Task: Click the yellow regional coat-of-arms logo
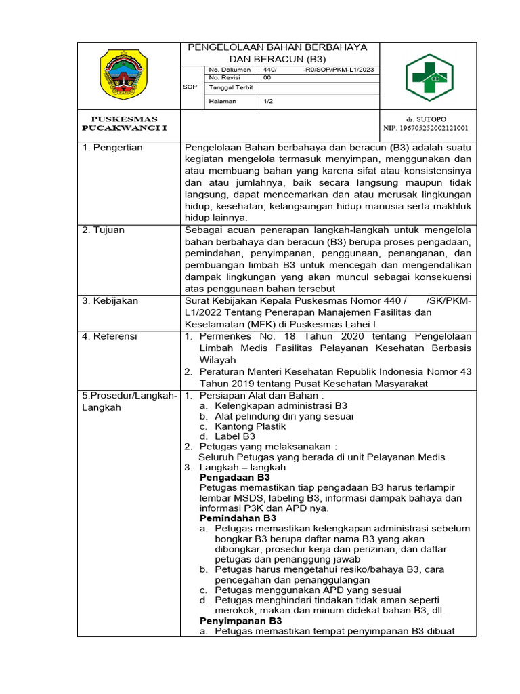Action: (x=128, y=77)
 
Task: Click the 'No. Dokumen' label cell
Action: (x=230, y=70)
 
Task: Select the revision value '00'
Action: (x=267, y=78)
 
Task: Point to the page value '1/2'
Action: (x=268, y=101)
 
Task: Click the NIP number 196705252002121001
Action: (x=426, y=127)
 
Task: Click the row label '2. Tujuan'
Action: (x=104, y=230)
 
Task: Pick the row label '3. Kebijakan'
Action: (x=110, y=300)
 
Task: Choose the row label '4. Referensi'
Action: (x=110, y=335)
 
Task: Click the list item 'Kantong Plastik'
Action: (x=250, y=426)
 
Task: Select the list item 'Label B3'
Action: (x=234, y=436)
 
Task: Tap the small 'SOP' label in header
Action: (x=190, y=87)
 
